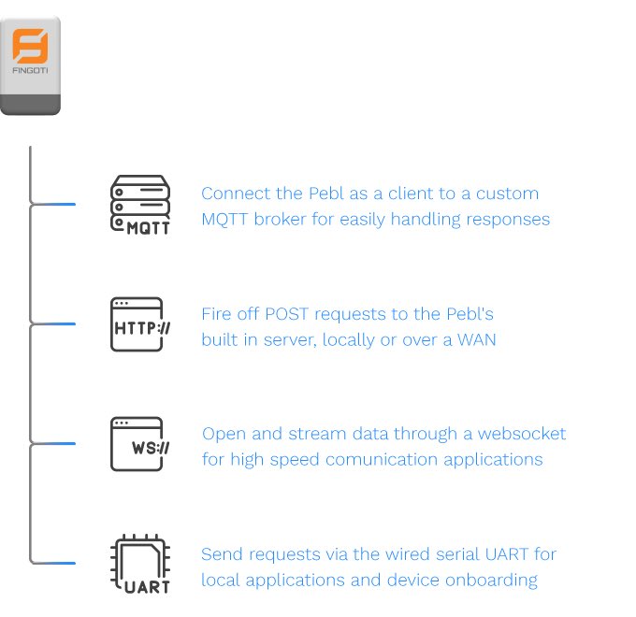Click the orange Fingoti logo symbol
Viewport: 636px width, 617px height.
click(30, 46)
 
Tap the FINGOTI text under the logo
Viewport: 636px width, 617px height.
click(30, 70)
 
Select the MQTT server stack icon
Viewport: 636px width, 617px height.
click(140, 205)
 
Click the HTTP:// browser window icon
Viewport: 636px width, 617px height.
click(140, 324)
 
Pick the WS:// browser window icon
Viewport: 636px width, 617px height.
click(140, 444)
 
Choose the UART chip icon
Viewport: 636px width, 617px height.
click(140, 564)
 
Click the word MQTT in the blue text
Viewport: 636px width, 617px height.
click(224, 220)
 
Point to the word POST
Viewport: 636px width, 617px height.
click(287, 314)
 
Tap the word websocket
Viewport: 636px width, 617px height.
click(522, 434)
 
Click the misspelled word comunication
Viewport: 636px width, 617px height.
click(382, 460)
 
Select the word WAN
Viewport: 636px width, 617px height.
click(477, 339)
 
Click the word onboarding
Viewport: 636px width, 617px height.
click(491, 581)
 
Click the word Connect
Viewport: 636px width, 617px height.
click(236, 194)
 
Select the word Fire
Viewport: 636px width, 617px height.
click(216, 314)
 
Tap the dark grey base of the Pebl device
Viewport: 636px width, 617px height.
click(31, 105)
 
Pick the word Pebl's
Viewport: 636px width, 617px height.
click(470, 314)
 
